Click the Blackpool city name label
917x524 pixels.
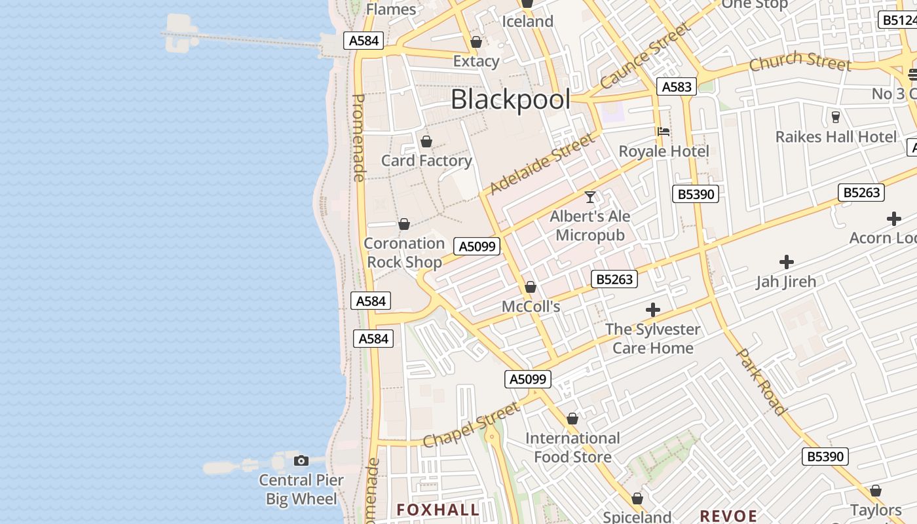pyautogui.click(x=510, y=100)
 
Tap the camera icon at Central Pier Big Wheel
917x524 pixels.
pyautogui.click(x=301, y=460)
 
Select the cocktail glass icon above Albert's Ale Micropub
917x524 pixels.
pyautogui.click(x=590, y=196)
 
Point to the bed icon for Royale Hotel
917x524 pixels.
pyautogui.click(x=664, y=132)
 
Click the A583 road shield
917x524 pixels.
pyautogui.click(x=677, y=86)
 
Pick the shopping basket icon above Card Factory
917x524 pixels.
pyautogui.click(x=426, y=141)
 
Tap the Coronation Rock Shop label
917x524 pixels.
pyautogui.click(x=404, y=253)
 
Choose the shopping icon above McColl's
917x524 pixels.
pyautogui.click(x=531, y=287)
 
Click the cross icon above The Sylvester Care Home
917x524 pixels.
pyautogui.click(x=652, y=310)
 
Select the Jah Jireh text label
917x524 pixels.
pyautogui.click(x=786, y=282)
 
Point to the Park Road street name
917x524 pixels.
pyautogui.click(x=761, y=381)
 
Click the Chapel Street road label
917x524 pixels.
pyautogui.click(x=471, y=425)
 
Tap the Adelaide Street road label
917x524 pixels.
pyautogui.click(x=542, y=163)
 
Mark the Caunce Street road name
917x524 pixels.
pyautogui.click(x=645, y=56)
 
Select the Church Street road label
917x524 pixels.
pyautogui.click(x=800, y=62)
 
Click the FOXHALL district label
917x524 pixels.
pyautogui.click(x=438, y=510)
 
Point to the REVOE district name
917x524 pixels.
pyautogui.click(x=728, y=515)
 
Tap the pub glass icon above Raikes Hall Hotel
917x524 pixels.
pyautogui.click(x=836, y=117)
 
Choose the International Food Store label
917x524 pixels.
pyautogui.click(x=572, y=447)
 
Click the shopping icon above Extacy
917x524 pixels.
pyautogui.click(x=476, y=43)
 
